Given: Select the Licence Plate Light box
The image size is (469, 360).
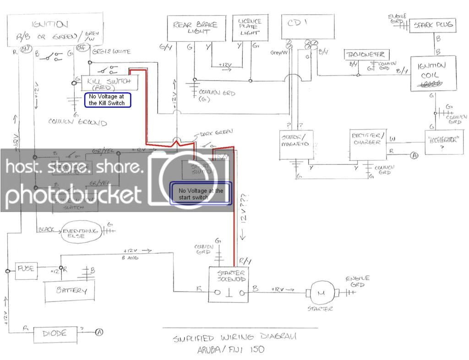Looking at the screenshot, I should [250, 28].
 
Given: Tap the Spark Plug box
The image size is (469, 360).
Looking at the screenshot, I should [432, 25].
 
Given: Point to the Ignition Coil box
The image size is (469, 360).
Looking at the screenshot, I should [433, 73].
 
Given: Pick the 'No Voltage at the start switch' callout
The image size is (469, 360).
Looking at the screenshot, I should [201, 194].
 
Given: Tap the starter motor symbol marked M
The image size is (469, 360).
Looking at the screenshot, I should [321, 292].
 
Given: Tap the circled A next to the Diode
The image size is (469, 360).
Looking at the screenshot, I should [98, 333].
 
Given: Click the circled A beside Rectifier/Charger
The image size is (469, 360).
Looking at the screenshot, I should [414, 155].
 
